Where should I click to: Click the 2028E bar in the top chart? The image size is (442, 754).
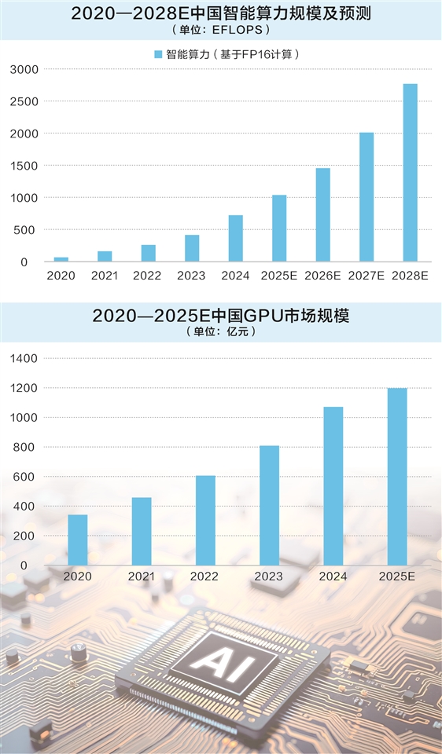point(410,173)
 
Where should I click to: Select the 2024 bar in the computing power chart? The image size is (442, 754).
point(236,238)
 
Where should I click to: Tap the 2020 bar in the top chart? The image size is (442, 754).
point(61,259)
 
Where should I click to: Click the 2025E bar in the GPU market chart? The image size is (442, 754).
point(397,476)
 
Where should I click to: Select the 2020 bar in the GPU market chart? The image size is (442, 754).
point(78,540)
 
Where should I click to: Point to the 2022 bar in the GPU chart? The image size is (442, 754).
point(205,520)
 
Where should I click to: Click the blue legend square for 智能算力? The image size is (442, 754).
point(158,54)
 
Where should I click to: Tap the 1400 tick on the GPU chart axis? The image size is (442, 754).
point(24,358)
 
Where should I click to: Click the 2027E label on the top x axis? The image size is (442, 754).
point(366,276)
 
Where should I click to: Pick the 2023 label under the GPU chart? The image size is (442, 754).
point(269,576)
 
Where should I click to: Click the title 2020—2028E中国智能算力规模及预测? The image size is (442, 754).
point(220,13)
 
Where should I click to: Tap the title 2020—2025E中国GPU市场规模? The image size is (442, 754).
point(220,316)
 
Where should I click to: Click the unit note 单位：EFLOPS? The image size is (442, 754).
point(220,30)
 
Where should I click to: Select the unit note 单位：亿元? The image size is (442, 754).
point(220,331)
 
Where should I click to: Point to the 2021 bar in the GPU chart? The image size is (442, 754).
point(142,531)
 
